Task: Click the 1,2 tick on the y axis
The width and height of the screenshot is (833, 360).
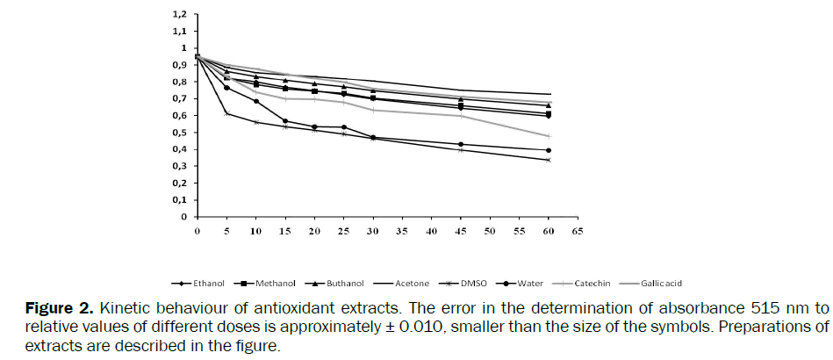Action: (180, 15)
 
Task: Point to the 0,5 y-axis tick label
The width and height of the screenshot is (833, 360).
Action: (180, 133)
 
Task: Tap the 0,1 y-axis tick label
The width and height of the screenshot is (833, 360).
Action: (180, 200)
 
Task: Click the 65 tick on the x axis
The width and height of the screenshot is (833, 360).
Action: (577, 231)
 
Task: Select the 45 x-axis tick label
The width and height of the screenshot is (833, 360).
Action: (459, 231)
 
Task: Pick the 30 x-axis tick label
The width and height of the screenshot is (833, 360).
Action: (372, 231)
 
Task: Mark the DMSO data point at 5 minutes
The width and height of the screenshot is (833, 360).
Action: (226, 113)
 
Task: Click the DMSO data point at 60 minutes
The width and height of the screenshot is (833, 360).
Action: (549, 160)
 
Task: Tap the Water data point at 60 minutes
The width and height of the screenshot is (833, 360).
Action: (549, 150)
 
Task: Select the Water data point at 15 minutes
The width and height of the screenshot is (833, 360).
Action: (285, 121)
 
